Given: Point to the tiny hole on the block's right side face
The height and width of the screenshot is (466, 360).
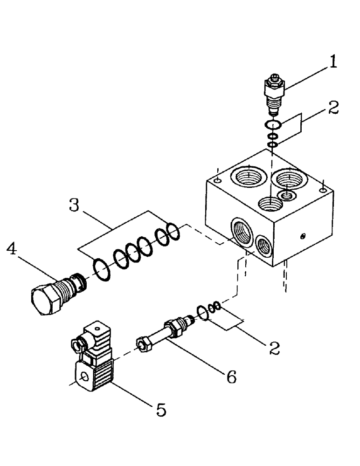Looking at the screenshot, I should pos(303,237).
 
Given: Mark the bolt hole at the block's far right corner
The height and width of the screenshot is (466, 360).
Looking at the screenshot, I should pos(323,189).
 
